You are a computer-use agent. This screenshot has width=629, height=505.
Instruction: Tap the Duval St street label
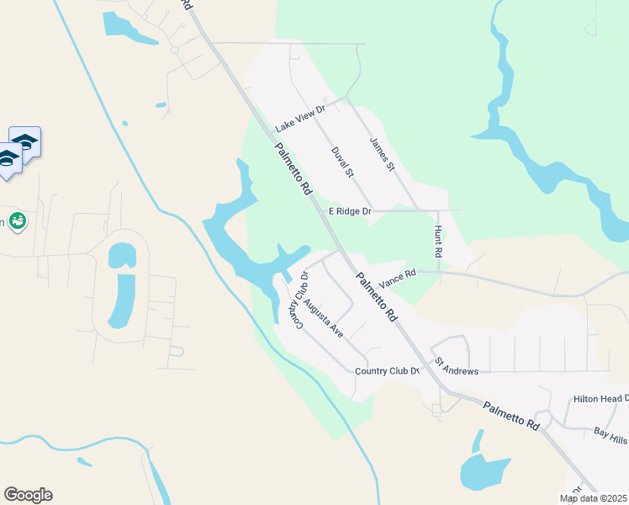coord(341,162)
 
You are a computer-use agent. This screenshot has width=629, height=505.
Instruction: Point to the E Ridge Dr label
coord(349,211)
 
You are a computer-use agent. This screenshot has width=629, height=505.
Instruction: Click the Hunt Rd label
coord(438,242)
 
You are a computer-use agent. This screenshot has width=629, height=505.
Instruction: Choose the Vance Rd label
coord(397,274)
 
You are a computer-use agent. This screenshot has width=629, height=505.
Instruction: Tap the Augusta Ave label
coord(324,318)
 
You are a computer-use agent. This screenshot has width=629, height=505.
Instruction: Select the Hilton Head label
coord(600,398)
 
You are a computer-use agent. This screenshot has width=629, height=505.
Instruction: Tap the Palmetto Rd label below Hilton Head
coord(510,417)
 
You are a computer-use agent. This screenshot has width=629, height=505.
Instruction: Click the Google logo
coord(28,495)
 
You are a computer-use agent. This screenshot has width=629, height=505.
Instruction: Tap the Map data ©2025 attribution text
coord(594,498)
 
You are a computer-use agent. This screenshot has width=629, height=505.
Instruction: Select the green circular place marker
coord(18,221)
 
